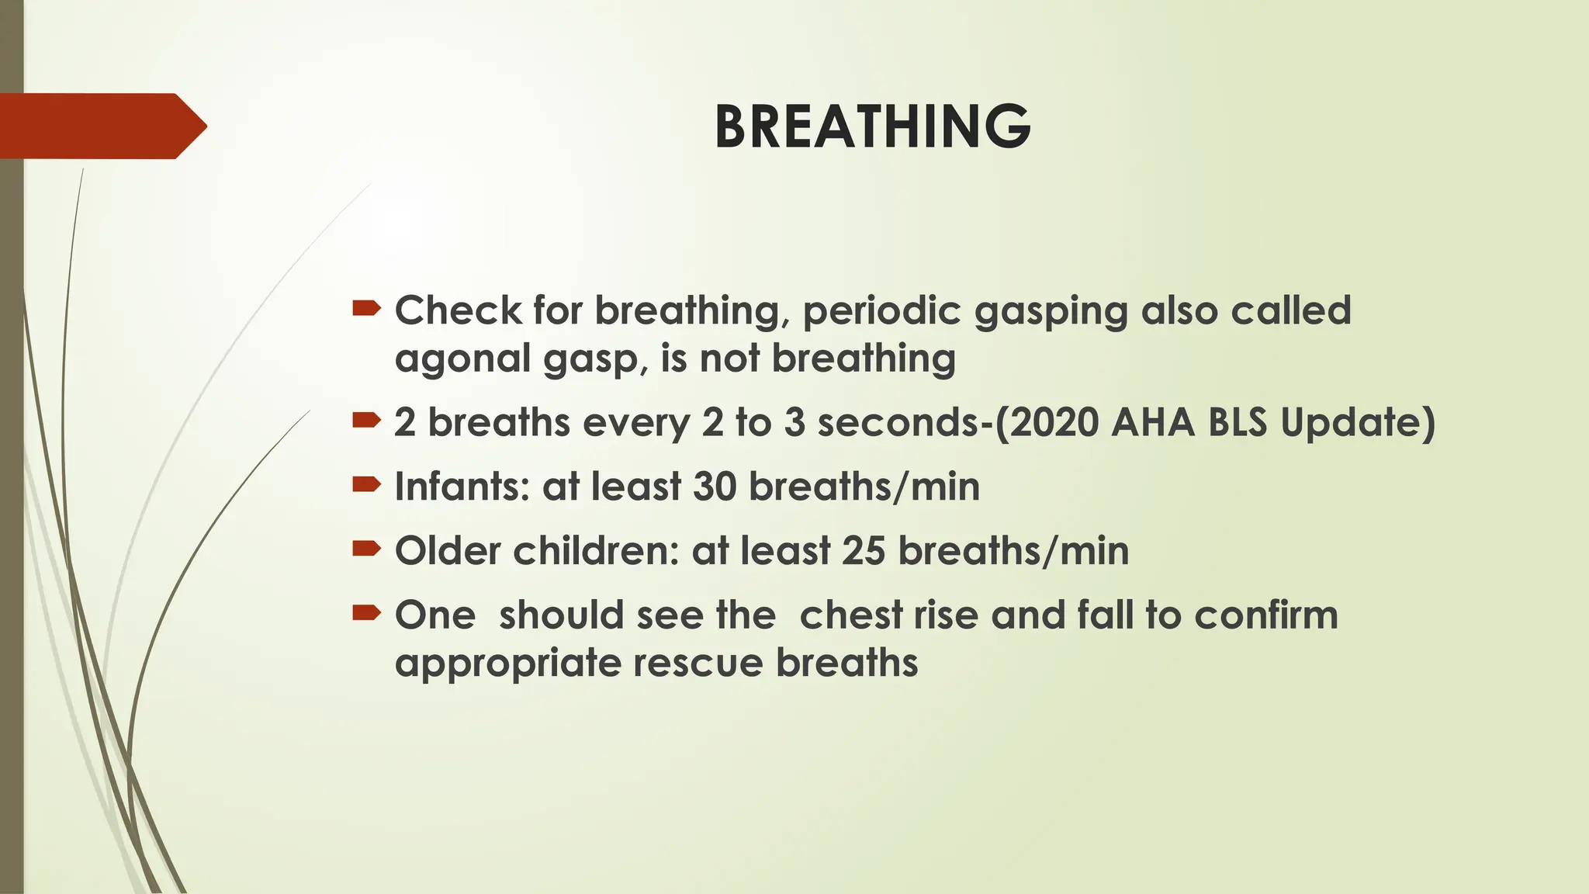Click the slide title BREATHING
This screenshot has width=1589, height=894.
[x=872, y=126]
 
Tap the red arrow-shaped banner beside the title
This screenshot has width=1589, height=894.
[x=101, y=126]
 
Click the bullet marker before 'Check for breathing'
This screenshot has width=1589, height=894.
[x=366, y=310]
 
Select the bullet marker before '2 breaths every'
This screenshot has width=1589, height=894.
[x=366, y=421]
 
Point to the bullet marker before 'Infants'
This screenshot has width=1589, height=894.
[x=366, y=486]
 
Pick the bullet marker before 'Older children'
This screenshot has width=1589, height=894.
[x=366, y=550]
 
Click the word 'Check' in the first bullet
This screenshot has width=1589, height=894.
[x=458, y=310]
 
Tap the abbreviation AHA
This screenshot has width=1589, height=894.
[x=1152, y=422]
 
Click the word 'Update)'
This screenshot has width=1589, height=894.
[x=1357, y=424]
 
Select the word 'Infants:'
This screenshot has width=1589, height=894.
[x=462, y=487]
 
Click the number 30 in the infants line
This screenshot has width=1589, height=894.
[x=714, y=487]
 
